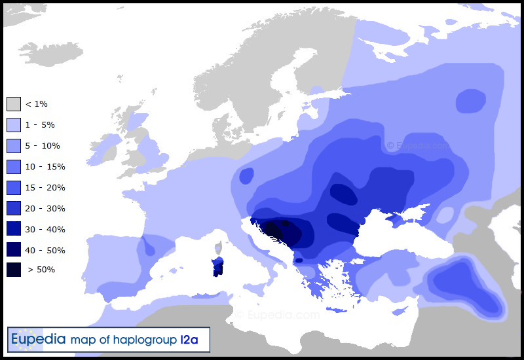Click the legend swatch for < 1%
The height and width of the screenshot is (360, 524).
(x=14, y=104)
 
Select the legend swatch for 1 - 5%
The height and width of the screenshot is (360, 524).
(x=14, y=125)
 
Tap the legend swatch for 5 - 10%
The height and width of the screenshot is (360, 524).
(x=14, y=146)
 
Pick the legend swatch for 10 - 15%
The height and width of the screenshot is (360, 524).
(x=14, y=167)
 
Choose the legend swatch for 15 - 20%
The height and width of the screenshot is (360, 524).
(x=14, y=188)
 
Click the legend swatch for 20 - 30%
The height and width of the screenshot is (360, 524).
(x=14, y=209)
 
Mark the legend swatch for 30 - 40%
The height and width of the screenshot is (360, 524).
(x=14, y=230)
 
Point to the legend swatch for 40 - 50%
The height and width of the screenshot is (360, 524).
(x=14, y=251)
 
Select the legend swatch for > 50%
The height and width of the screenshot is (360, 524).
(x=14, y=269)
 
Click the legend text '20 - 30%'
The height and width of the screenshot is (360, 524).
(x=45, y=209)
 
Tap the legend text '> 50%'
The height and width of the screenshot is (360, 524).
(x=41, y=269)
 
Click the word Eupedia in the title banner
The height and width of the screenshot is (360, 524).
(x=39, y=340)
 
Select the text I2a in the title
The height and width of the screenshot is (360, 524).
(x=194, y=340)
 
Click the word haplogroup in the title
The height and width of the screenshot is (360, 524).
(x=145, y=340)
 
